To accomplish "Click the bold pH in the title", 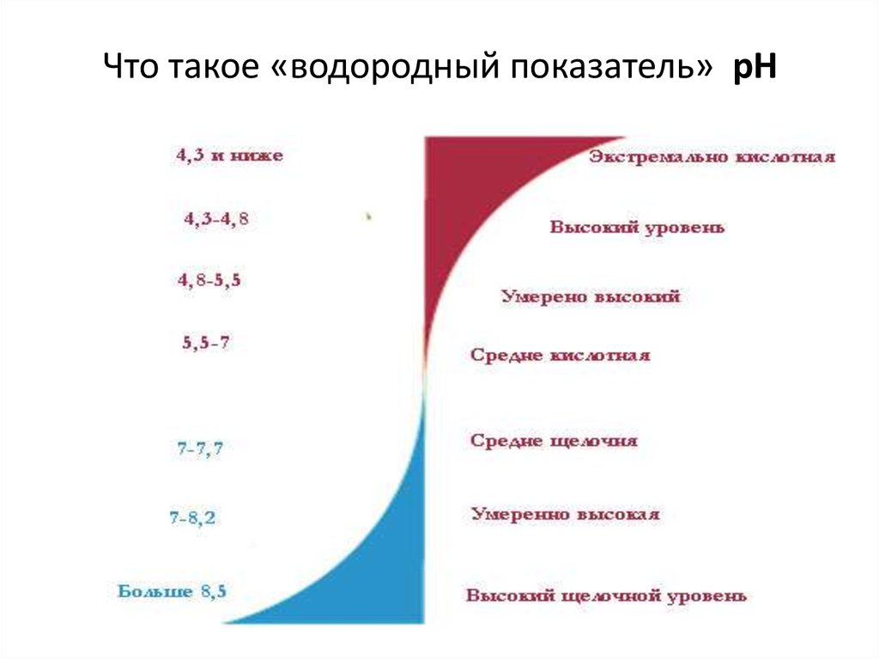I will click(x=754, y=67).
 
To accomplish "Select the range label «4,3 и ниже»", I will click(x=229, y=156).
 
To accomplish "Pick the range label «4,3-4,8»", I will click(x=216, y=219).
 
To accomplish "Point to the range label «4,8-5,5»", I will click(x=209, y=280).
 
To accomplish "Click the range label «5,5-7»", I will click(x=206, y=342).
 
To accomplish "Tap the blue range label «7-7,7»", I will click(x=200, y=448).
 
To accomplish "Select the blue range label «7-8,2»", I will click(x=193, y=517).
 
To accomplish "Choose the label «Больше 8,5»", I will click(x=172, y=591).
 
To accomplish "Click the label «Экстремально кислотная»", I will click(x=711, y=158).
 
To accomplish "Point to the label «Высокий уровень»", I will click(x=637, y=228).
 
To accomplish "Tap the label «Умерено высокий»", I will click(x=591, y=296).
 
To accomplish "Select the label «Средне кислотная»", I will click(x=560, y=355).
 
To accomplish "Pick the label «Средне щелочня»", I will click(x=554, y=441).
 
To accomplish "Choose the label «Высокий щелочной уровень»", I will click(x=606, y=595).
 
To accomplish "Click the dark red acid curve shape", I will click(x=464, y=198).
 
